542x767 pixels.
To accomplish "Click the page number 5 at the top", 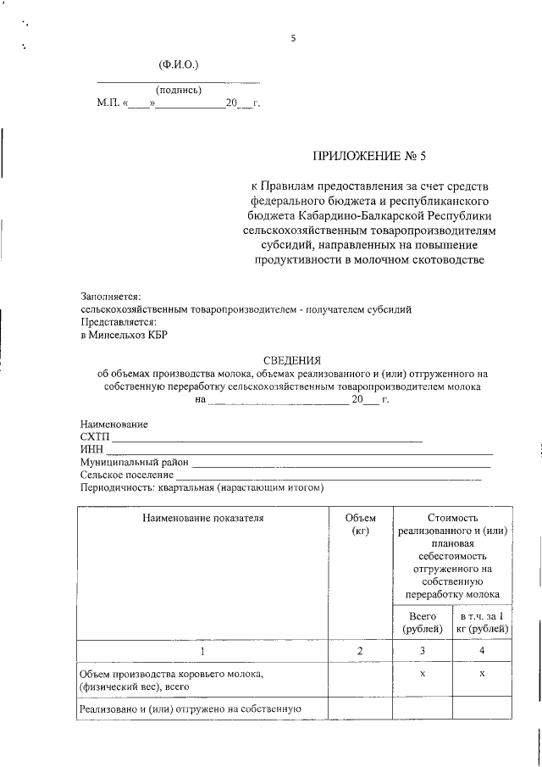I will (x=293, y=38).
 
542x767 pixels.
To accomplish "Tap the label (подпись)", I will (x=178, y=90).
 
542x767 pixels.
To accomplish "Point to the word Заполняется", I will (x=111, y=296).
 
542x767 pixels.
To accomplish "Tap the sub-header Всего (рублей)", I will (x=422, y=623).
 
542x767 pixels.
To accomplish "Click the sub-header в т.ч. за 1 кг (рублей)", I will (x=482, y=623).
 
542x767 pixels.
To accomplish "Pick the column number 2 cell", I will (x=360, y=651).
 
